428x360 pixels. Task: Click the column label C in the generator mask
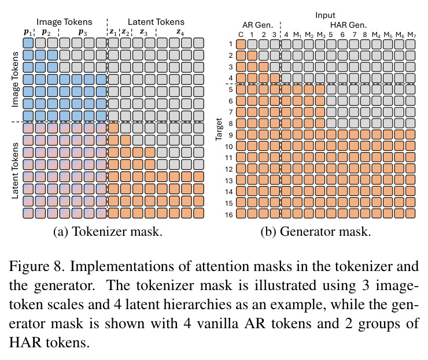241,35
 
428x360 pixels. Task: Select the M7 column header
412,35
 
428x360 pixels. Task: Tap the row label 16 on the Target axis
228,214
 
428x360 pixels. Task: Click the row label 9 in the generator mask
231,135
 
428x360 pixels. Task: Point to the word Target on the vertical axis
219,129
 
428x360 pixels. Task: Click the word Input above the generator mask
325,15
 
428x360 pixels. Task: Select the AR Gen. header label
258,25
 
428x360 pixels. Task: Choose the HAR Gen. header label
348,25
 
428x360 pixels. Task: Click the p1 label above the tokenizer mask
28,32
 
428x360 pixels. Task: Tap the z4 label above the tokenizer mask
180,32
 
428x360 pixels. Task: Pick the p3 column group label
83,32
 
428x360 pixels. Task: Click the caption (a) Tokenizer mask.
108,232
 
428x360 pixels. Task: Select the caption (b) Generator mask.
316,232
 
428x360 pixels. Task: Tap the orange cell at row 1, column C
241,44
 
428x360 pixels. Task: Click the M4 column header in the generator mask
376,35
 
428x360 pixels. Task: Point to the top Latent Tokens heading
156,22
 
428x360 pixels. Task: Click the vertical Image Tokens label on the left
15,79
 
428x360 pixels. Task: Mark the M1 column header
297,35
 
